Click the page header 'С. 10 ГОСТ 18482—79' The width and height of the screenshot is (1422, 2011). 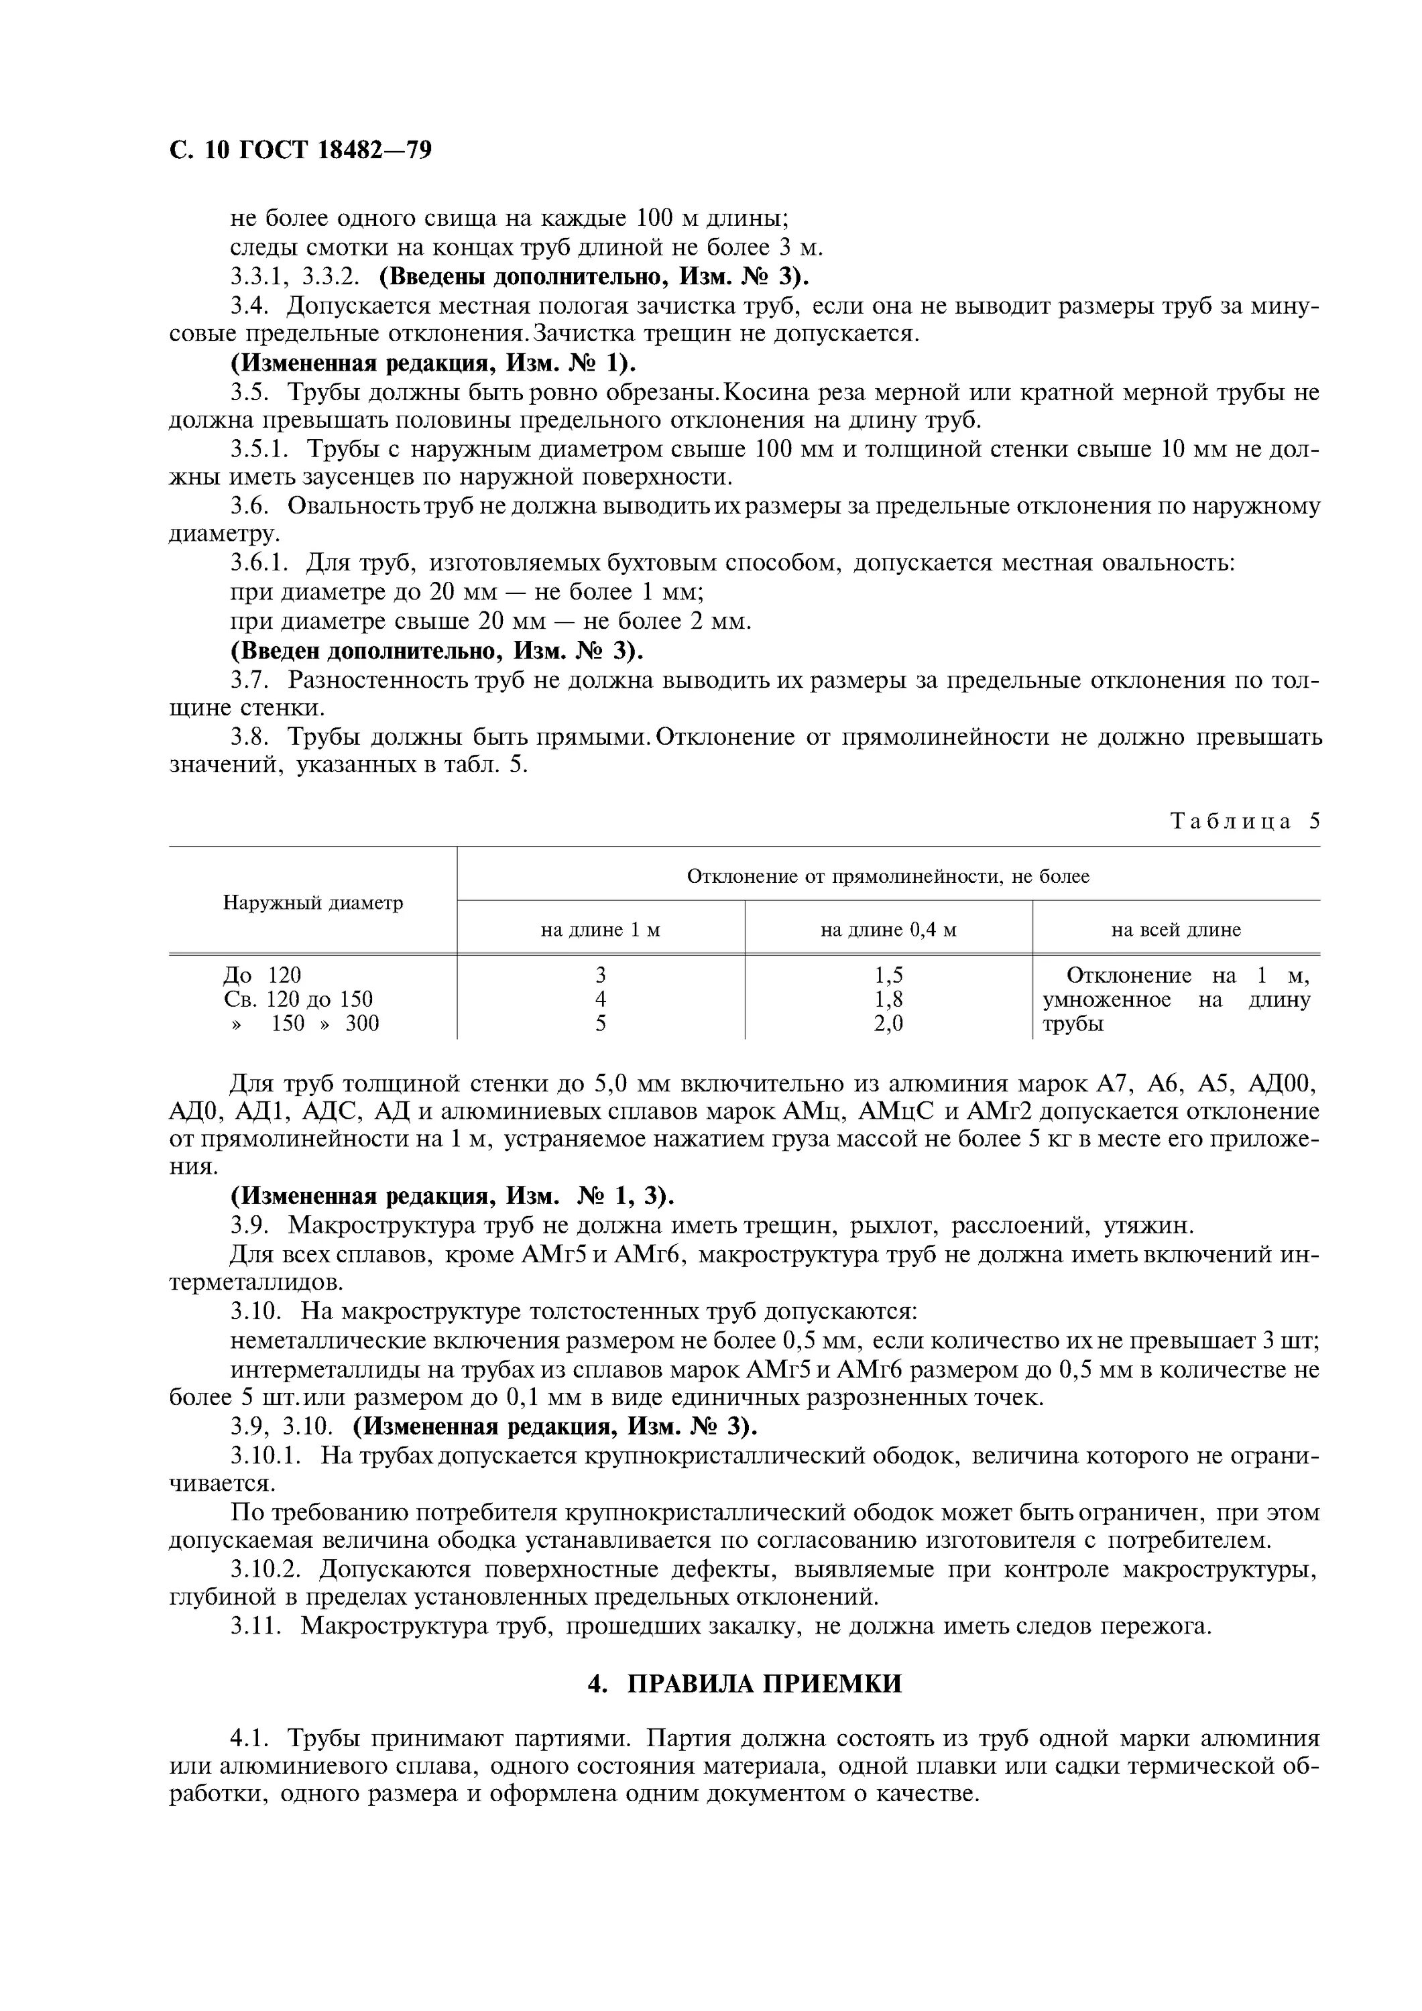click(x=300, y=151)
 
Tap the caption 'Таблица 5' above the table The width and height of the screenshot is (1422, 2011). click(x=1245, y=820)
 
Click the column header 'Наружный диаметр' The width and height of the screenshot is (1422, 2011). click(x=313, y=902)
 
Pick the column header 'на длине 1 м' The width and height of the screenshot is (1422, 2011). click(x=600, y=929)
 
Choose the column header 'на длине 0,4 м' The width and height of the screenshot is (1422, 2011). click(x=888, y=929)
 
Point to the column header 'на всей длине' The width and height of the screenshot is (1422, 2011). click(x=1176, y=929)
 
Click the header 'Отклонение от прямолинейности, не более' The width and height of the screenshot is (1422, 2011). click(x=888, y=876)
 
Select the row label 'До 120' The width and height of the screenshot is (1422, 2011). click(x=262, y=975)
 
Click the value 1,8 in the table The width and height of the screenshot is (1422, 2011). click(x=888, y=999)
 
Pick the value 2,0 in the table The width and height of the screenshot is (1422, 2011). click(x=888, y=1023)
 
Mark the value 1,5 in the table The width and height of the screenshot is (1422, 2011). click(x=888, y=975)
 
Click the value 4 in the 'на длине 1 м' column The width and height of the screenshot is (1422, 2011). click(x=600, y=999)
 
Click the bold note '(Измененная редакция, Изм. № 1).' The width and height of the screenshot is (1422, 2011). click(x=433, y=363)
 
